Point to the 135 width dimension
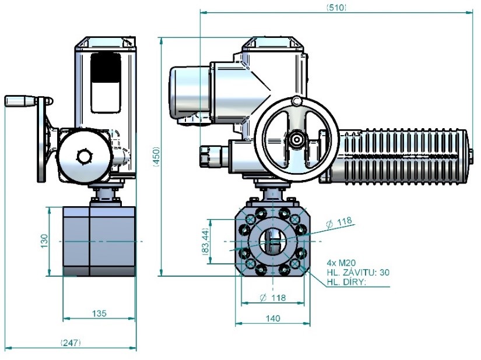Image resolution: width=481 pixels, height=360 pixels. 99,313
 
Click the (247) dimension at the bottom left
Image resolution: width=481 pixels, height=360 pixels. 71,343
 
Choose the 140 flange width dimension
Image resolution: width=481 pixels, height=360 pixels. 272,318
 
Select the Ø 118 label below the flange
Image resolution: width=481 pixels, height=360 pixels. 272,298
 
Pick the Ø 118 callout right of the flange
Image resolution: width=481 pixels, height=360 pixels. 339,221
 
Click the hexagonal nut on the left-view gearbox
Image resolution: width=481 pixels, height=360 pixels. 85,157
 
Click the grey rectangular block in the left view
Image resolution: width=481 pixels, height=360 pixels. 99,241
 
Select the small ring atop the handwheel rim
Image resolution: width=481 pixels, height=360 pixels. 297,103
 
